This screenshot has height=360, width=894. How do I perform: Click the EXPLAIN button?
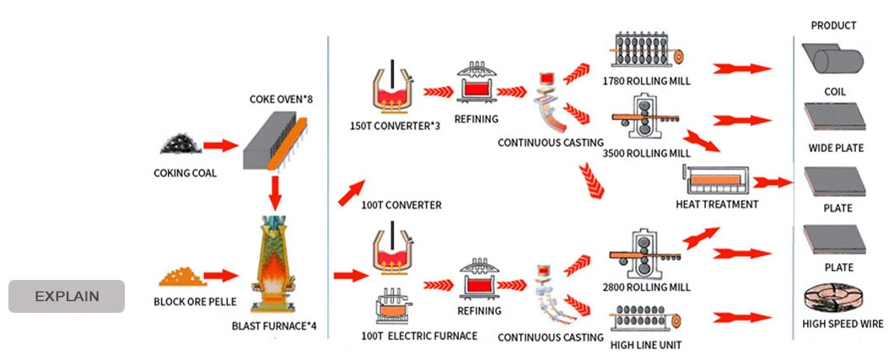[67, 296]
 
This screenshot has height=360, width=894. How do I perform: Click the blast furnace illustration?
[274, 266]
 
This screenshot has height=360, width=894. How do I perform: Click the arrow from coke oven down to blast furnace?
[274, 193]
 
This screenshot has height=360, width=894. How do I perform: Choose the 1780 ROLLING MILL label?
[647, 83]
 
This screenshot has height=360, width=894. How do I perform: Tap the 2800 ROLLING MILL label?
[647, 287]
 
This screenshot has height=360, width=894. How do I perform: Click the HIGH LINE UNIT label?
[647, 344]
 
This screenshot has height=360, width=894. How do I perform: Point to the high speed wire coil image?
[834, 299]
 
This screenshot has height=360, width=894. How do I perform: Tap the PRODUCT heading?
[833, 25]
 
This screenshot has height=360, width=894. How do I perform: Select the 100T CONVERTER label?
[401, 205]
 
